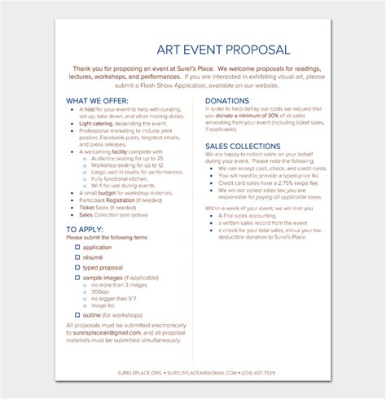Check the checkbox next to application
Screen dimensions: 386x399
pos(77,246)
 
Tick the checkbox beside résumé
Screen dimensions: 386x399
pos(77,256)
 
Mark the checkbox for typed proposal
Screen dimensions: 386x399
pos(77,267)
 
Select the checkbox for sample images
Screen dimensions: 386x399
pos(77,278)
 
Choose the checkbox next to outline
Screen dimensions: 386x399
pos(77,314)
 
